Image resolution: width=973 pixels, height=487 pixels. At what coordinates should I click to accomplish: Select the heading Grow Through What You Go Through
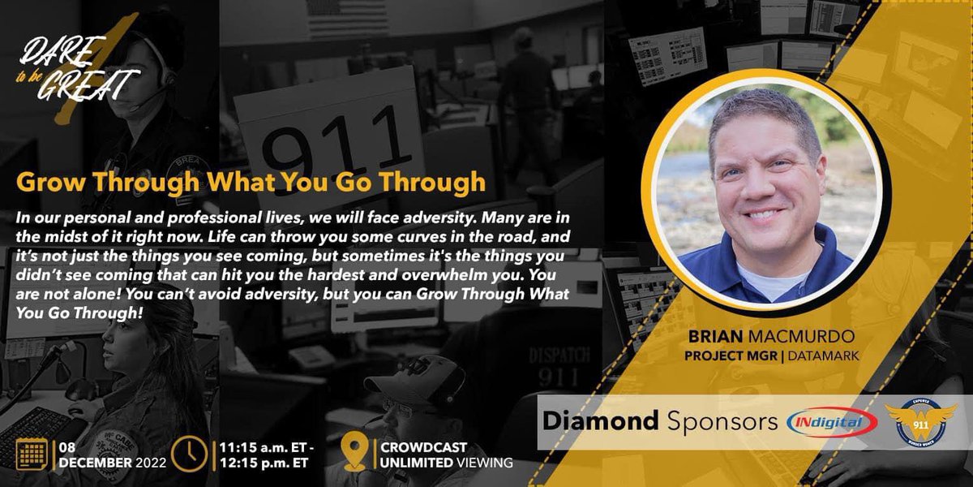(x=251, y=181)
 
